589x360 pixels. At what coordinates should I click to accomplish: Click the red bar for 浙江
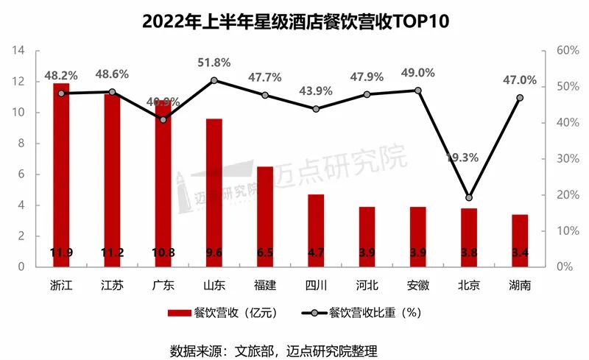click(x=61, y=177)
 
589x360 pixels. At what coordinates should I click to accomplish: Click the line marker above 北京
click(x=469, y=197)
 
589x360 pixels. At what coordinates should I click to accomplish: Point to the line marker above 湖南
click(x=520, y=98)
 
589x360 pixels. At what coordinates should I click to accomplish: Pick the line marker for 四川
click(x=316, y=109)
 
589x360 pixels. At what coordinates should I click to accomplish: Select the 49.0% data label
click(x=418, y=74)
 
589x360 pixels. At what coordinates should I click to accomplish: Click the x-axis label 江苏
click(x=112, y=285)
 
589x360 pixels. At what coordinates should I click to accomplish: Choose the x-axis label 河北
click(x=367, y=285)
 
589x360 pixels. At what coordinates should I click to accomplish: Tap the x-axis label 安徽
click(x=418, y=285)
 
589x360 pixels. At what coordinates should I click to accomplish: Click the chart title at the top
click(x=294, y=21)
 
